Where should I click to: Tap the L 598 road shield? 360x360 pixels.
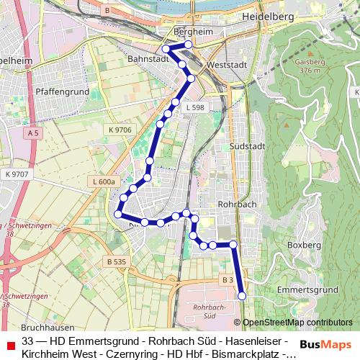pos(194,107)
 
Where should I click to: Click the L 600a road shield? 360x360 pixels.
pos(104,183)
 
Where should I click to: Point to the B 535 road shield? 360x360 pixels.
pos(114,261)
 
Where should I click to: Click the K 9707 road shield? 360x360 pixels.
pos(15,174)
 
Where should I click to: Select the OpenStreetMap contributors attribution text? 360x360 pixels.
pos(297,323)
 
